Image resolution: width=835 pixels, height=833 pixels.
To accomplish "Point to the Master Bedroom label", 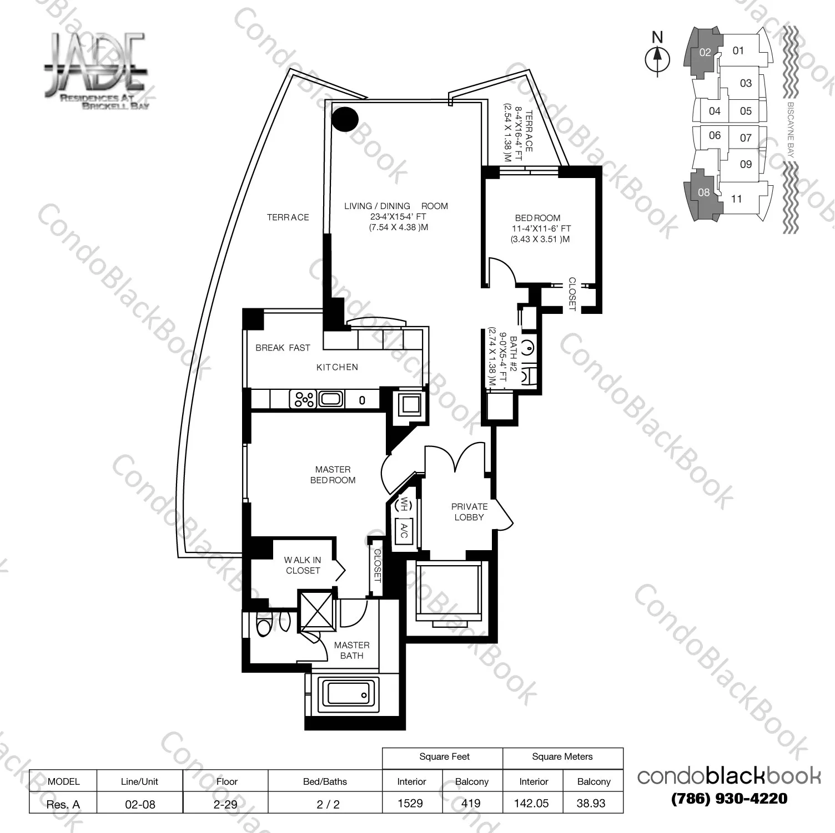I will [333, 475].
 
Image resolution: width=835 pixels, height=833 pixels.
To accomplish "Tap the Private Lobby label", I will [469, 512].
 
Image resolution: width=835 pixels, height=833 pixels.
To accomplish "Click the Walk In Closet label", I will [303, 565].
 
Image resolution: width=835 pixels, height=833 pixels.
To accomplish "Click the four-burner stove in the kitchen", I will [304, 399].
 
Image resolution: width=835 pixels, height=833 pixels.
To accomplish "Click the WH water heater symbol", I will [404, 504].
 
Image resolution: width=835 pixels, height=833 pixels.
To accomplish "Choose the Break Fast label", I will [283, 348].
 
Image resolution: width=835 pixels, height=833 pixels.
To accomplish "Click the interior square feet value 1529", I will [410, 803].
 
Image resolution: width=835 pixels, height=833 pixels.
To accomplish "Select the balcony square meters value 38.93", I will [591, 803].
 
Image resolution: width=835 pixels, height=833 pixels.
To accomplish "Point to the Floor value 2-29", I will [225, 804].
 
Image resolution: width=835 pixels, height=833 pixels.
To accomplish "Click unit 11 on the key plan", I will [737, 199].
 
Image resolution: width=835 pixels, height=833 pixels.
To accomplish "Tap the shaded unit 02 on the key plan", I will [705, 53].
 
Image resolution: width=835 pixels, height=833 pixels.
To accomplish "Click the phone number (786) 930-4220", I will [729, 799].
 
